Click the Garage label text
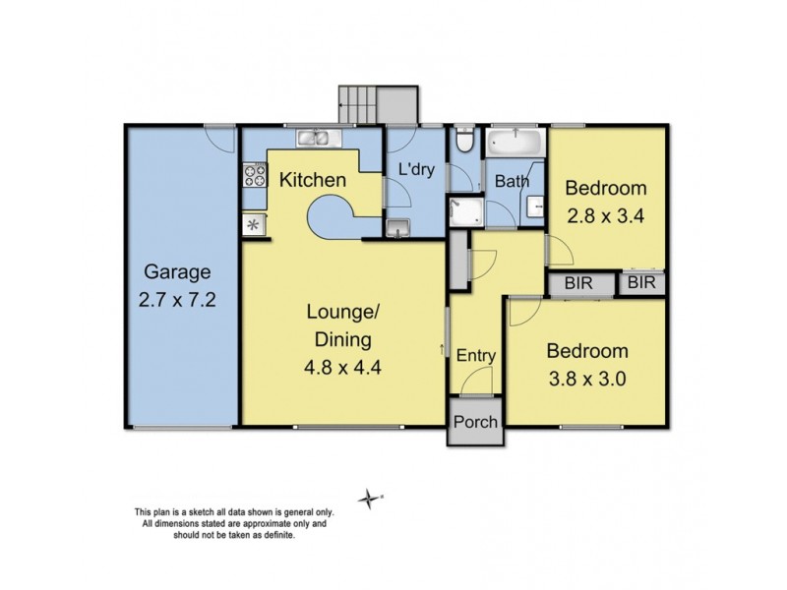coord(177,271)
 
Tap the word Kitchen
coord(312,180)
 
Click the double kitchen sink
coord(315,140)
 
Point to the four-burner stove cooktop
coord(255,176)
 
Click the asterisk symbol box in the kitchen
coord(255,224)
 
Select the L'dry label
coord(416,169)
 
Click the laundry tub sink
coord(397,229)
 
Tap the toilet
coord(466,144)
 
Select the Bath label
coord(512,181)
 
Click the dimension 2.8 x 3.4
coord(605,216)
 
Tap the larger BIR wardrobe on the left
coord(577,283)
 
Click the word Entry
coord(476,356)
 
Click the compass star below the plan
coord(369,499)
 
